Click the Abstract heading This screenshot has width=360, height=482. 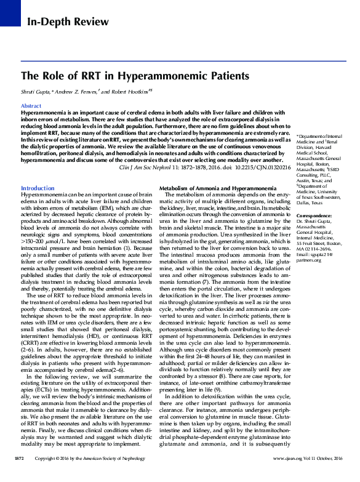[31, 106]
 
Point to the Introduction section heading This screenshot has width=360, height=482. [38, 170]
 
